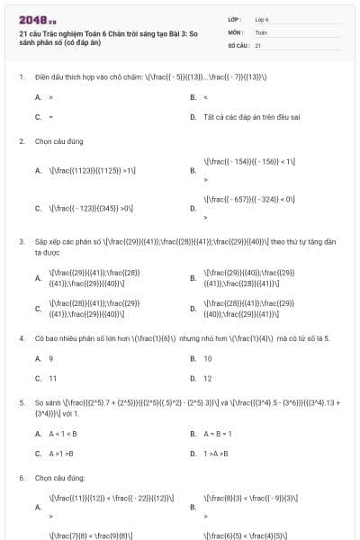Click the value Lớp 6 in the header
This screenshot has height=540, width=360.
click(x=262, y=18)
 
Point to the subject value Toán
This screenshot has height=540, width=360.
click(x=261, y=31)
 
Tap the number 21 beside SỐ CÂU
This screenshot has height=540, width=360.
click(x=258, y=44)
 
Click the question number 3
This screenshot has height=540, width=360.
click(x=22, y=241)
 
